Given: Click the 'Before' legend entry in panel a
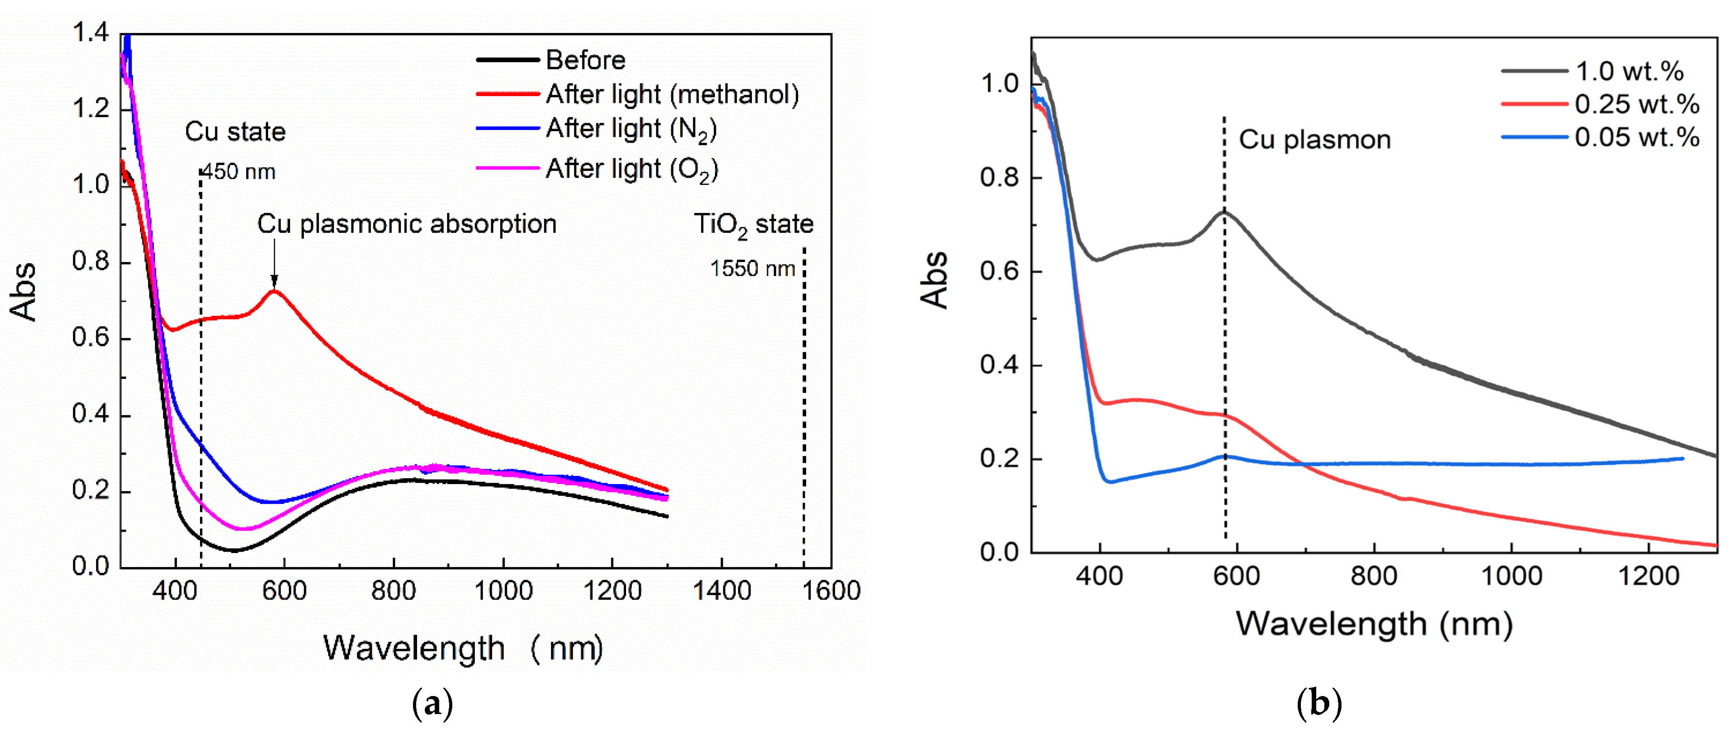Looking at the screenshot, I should [x=585, y=60].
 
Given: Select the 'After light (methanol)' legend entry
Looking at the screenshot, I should [x=672, y=94].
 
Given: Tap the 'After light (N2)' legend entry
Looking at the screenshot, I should [x=631, y=129].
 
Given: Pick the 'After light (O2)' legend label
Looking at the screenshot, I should [x=631, y=169].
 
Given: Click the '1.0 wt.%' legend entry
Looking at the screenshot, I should [x=1629, y=71].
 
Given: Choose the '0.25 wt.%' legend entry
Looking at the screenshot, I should [x=1636, y=105].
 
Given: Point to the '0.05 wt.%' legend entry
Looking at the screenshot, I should [x=1636, y=138].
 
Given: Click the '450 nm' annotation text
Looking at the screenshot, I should [x=239, y=172].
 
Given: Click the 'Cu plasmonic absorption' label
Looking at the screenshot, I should [x=406, y=224].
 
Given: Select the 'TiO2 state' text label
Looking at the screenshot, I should [x=753, y=224].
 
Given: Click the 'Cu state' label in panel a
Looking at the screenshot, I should [x=235, y=131].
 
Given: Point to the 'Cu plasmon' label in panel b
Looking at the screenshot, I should [x=1314, y=139].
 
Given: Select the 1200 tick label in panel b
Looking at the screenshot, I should [x=1648, y=576].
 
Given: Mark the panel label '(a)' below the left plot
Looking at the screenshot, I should [x=432, y=705].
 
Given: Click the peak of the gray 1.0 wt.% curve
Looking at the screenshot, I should [x=1223, y=213].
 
